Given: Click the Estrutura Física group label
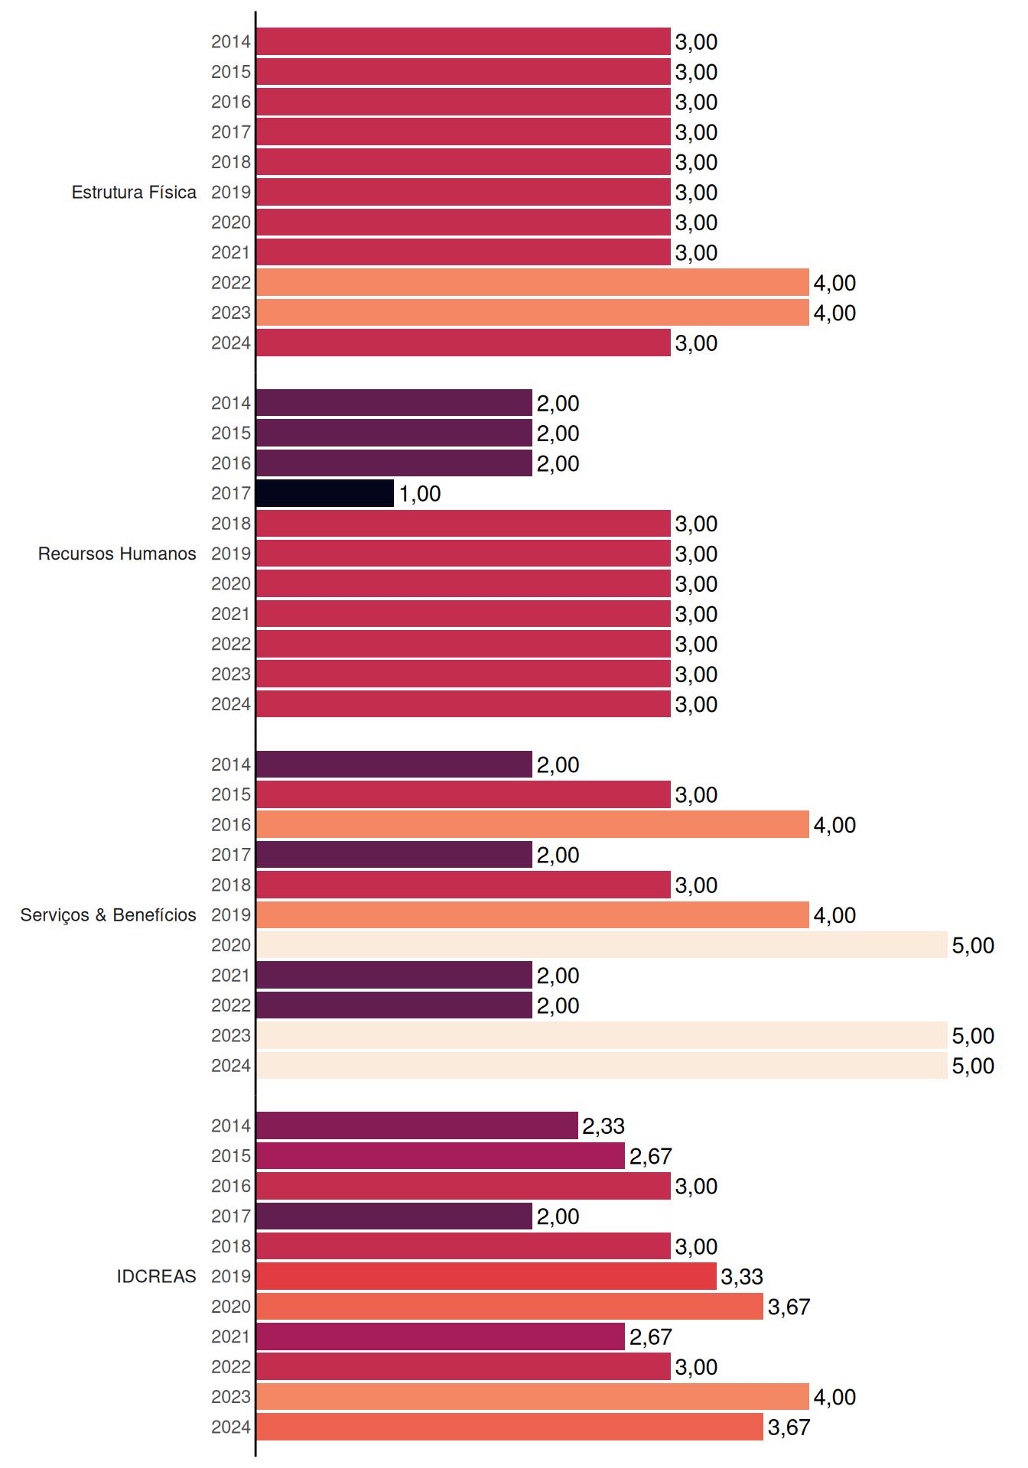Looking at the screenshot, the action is tap(134, 192).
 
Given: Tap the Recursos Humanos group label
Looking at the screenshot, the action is tap(117, 554).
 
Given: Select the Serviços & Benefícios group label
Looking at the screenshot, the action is tap(108, 915).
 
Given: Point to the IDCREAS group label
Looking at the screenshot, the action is tap(156, 1276).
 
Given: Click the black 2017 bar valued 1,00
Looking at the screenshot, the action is tap(325, 493).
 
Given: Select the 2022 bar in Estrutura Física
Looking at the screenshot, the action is tap(532, 282).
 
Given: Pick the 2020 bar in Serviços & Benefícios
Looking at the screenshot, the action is tap(602, 945).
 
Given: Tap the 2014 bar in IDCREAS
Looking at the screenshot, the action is tap(417, 1125).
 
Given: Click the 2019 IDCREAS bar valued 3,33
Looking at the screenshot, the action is tap(486, 1276).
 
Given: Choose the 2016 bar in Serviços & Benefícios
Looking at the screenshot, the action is tap(532, 824).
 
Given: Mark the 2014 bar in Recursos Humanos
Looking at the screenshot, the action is tap(394, 403).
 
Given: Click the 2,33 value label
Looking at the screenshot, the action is tap(603, 1126).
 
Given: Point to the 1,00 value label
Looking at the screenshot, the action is tap(420, 494).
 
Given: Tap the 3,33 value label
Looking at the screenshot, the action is tap(742, 1277).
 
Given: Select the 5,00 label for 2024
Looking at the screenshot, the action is tap(973, 1066).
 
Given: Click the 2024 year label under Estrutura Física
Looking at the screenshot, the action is tap(231, 343).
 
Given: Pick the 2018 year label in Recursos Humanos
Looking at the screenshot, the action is tap(231, 524).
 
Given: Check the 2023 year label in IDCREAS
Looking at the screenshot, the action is tap(231, 1397).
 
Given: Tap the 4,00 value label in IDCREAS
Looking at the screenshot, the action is tap(834, 1398).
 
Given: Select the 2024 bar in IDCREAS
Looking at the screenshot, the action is tap(509, 1427).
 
